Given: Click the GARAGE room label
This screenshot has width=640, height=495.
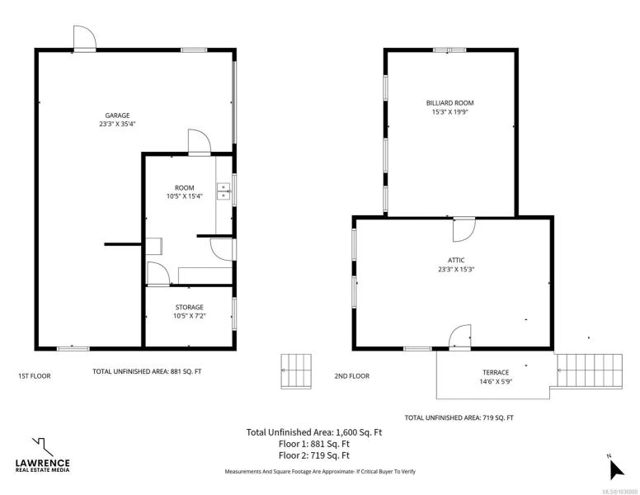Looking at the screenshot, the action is tap(118, 115).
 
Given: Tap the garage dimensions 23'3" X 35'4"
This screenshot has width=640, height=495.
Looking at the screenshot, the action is tap(117, 124).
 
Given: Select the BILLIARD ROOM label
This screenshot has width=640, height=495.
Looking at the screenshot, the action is tap(449, 103).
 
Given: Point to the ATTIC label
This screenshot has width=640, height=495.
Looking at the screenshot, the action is tap(456, 260).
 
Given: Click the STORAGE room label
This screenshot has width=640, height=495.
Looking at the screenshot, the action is tap(190, 307).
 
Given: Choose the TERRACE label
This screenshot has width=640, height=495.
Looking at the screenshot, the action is tap(496, 372).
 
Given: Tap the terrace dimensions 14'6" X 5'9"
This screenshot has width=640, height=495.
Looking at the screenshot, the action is tap(496, 382).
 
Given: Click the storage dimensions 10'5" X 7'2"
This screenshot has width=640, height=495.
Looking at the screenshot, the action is tap(190, 316).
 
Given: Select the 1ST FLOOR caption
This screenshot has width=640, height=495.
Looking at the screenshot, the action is tap(35, 375).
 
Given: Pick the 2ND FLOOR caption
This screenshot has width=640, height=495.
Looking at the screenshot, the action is tap(352, 375).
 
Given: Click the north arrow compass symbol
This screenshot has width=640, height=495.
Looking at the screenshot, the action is tap(615, 469).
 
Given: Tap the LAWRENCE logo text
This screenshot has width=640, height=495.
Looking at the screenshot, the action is tap(42, 463).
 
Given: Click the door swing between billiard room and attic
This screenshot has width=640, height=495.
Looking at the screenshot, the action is tap(464, 229).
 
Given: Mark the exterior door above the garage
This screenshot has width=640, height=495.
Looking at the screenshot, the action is tap(84, 39).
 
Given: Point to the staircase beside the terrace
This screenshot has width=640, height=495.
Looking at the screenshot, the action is tap(590, 371).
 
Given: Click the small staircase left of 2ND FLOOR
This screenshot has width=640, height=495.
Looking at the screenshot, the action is tap(296, 371).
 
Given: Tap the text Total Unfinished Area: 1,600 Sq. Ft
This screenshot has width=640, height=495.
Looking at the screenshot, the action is tap(314, 432).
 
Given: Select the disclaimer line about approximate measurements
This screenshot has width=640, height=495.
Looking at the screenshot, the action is tap(320, 471).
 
